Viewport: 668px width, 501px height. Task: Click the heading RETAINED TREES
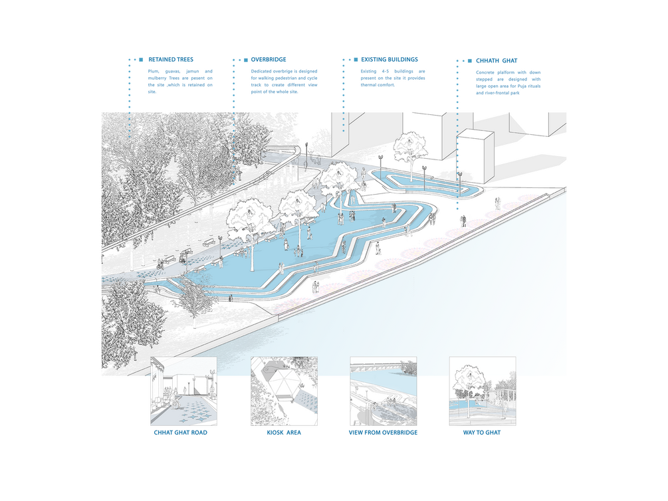[x=171, y=60]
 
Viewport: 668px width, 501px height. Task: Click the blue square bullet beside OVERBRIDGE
[x=245, y=60]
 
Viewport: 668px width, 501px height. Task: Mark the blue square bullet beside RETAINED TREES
[x=141, y=60]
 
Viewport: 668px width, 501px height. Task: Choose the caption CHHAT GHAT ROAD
[x=181, y=433]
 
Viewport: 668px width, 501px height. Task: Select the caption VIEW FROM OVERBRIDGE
[x=383, y=433]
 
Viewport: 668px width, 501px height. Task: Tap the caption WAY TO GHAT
[x=482, y=433]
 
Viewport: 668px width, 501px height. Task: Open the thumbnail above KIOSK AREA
[x=284, y=391]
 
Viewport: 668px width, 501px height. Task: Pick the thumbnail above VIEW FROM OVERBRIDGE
[x=383, y=391]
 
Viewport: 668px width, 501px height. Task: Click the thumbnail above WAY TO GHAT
[x=482, y=391]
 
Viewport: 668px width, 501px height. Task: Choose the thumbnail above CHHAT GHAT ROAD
[x=183, y=391]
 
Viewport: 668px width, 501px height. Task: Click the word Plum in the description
[x=155, y=71]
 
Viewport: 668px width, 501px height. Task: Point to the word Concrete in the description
[x=488, y=72]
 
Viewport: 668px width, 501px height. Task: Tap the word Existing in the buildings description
[x=370, y=71]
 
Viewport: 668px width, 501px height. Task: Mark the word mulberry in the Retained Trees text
[x=162, y=78]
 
